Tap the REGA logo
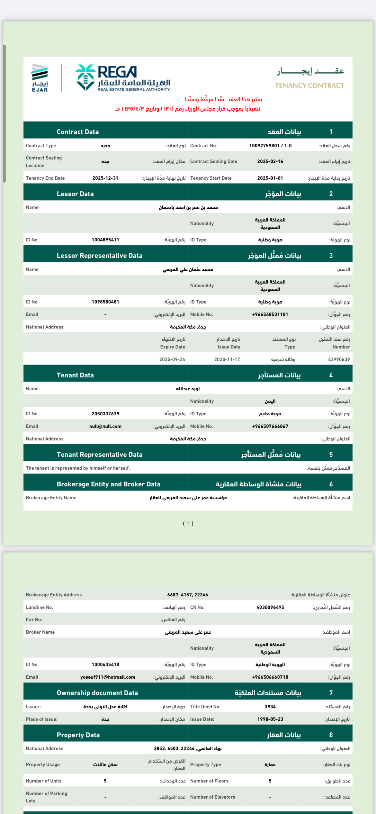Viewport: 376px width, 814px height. pos(122,78)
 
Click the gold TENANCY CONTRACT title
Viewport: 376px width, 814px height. pos(309,86)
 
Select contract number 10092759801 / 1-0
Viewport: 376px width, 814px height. pos(270,146)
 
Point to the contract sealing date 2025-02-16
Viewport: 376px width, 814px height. pos(270,161)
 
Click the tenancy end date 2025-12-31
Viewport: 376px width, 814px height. pos(105,178)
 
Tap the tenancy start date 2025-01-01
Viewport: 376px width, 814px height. pos(270,178)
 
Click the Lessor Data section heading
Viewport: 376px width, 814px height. pos(75,194)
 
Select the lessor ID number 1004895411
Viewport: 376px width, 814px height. pos(105,240)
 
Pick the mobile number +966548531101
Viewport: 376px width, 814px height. pos(270,314)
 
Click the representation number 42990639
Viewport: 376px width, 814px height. pos(339,359)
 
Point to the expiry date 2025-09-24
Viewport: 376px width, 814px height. pos(172,359)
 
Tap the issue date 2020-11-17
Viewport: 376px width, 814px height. pos(227,359)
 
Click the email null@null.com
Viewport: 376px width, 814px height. pos(105,426)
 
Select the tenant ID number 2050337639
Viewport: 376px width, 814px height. pos(105,414)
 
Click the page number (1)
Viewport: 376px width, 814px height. pos(188,523)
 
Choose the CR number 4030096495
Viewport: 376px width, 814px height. pos(270,607)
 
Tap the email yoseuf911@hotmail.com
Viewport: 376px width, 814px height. pos(108,677)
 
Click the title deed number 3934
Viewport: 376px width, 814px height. pos(270,707)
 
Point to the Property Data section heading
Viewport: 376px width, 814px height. pos(78,735)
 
